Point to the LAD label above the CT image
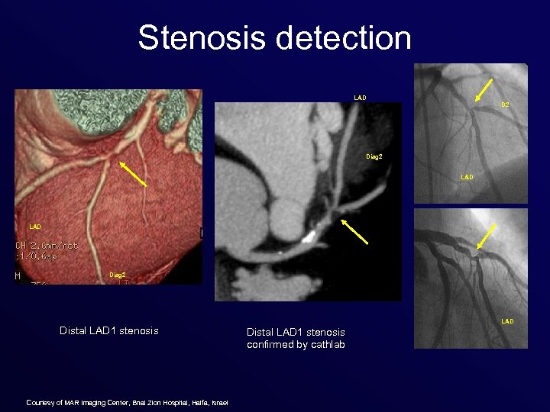point(360,98)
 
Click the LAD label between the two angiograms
point(467,177)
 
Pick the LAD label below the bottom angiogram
point(507,321)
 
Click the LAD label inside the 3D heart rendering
point(35,227)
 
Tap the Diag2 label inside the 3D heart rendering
point(118,275)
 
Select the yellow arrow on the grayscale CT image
point(354,232)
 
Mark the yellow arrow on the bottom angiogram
point(487,237)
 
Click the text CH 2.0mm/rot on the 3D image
point(47,246)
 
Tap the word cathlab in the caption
point(329,344)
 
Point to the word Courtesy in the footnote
point(40,403)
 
